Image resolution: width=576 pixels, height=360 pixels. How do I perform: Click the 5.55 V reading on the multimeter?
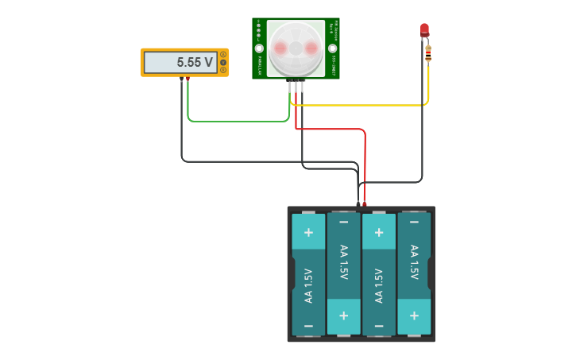(195, 62)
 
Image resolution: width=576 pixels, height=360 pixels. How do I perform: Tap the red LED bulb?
(424, 30)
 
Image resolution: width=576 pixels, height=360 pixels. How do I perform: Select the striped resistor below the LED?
(428, 53)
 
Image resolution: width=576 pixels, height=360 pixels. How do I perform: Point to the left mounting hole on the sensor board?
(259, 48)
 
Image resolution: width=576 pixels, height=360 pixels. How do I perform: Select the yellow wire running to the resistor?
(365, 104)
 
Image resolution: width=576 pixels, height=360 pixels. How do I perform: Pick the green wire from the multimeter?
(238, 122)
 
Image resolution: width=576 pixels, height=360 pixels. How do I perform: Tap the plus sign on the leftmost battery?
(308, 233)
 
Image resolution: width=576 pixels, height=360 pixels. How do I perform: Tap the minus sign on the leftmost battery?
(308, 327)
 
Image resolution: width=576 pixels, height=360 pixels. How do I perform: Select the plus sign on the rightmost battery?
(414, 315)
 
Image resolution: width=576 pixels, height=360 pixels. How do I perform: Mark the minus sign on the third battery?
(379, 327)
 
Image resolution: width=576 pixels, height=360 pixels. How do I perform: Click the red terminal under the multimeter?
(188, 79)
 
